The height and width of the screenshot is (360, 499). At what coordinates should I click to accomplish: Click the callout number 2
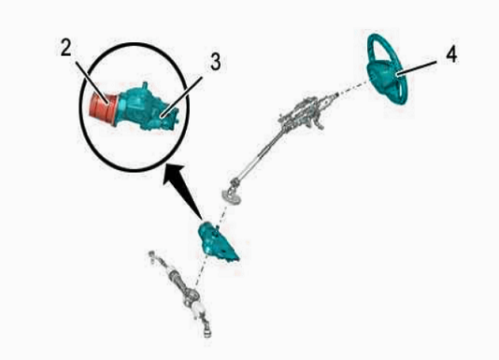click(x=65, y=49)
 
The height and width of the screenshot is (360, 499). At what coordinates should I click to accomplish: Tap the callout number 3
click(x=216, y=62)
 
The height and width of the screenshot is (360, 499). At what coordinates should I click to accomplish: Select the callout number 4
click(x=451, y=54)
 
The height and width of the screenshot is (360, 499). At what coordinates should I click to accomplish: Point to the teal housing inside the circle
click(x=147, y=108)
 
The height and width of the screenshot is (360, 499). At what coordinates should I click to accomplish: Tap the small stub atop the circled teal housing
click(x=145, y=86)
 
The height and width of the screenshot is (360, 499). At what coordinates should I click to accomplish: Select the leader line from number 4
click(x=416, y=68)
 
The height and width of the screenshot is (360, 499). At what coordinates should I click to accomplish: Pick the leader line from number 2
click(x=93, y=82)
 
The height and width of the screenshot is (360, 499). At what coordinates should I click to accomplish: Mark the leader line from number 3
click(x=182, y=97)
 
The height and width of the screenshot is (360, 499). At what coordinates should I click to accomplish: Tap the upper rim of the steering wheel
click(x=382, y=41)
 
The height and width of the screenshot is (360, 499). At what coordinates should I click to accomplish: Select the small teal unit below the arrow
click(x=217, y=241)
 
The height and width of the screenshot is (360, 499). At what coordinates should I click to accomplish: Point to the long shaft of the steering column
click(x=260, y=154)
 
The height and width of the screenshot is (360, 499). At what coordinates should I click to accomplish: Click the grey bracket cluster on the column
click(x=303, y=111)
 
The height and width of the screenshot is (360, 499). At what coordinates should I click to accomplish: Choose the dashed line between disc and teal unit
click(x=222, y=214)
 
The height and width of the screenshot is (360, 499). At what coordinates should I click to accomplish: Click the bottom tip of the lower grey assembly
click(x=207, y=335)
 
